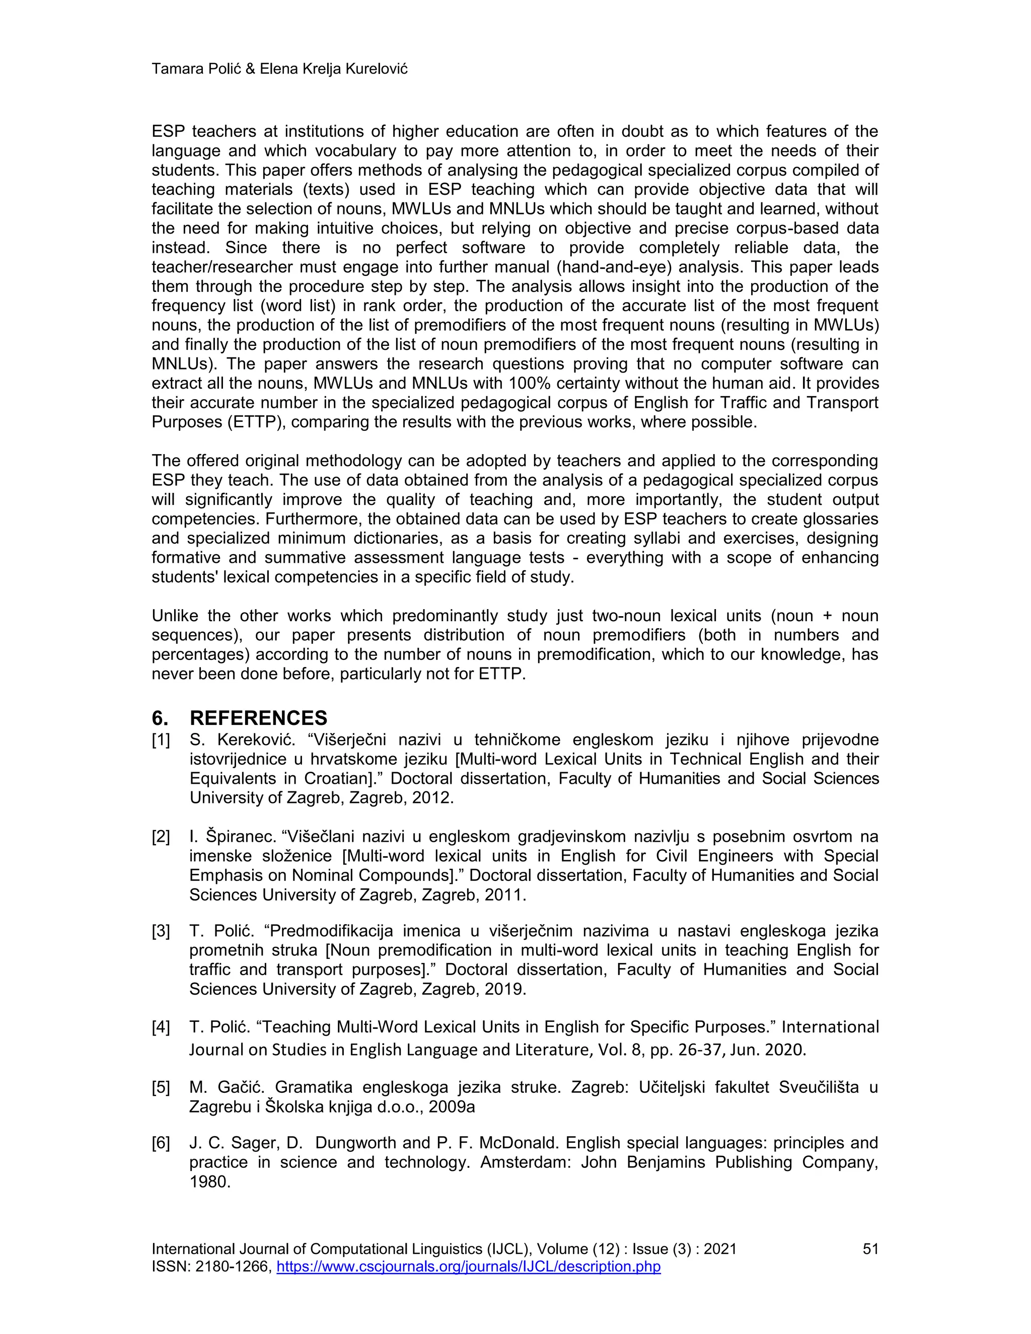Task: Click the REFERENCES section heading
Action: tap(258, 718)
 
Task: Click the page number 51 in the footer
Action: tap(870, 1249)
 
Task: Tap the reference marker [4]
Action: tap(161, 1027)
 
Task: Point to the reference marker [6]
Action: tap(161, 1143)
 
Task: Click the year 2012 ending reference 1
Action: tap(432, 798)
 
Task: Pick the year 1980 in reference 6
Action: tap(209, 1181)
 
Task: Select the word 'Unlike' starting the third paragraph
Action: tap(174, 616)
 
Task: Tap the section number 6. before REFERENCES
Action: tap(160, 718)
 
